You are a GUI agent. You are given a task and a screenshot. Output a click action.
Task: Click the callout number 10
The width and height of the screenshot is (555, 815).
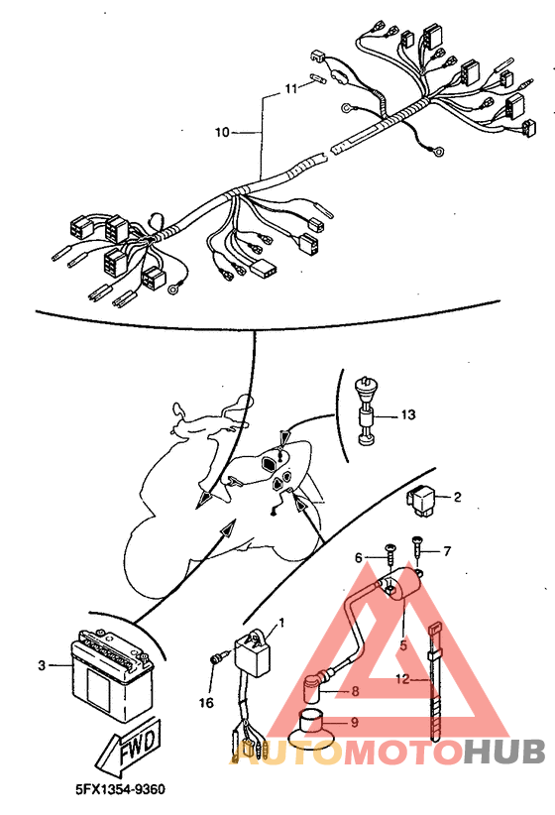pyautogui.click(x=221, y=131)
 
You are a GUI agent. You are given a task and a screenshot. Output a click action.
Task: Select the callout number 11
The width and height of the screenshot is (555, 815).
pyautogui.click(x=291, y=88)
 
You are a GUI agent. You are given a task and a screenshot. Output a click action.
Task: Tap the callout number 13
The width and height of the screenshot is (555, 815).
pyautogui.click(x=410, y=414)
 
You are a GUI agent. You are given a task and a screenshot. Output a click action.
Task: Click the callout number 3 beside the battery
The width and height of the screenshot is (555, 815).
pyautogui.click(x=42, y=665)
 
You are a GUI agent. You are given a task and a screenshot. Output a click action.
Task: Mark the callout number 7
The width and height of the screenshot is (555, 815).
pyautogui.click(x=446, y=550)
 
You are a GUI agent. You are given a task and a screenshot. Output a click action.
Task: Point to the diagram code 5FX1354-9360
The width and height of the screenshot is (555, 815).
pyautogui.click(x=120, y=789)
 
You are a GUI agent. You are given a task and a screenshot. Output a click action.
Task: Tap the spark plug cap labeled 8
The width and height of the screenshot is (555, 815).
pyautogui.click(x=314, y=690)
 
